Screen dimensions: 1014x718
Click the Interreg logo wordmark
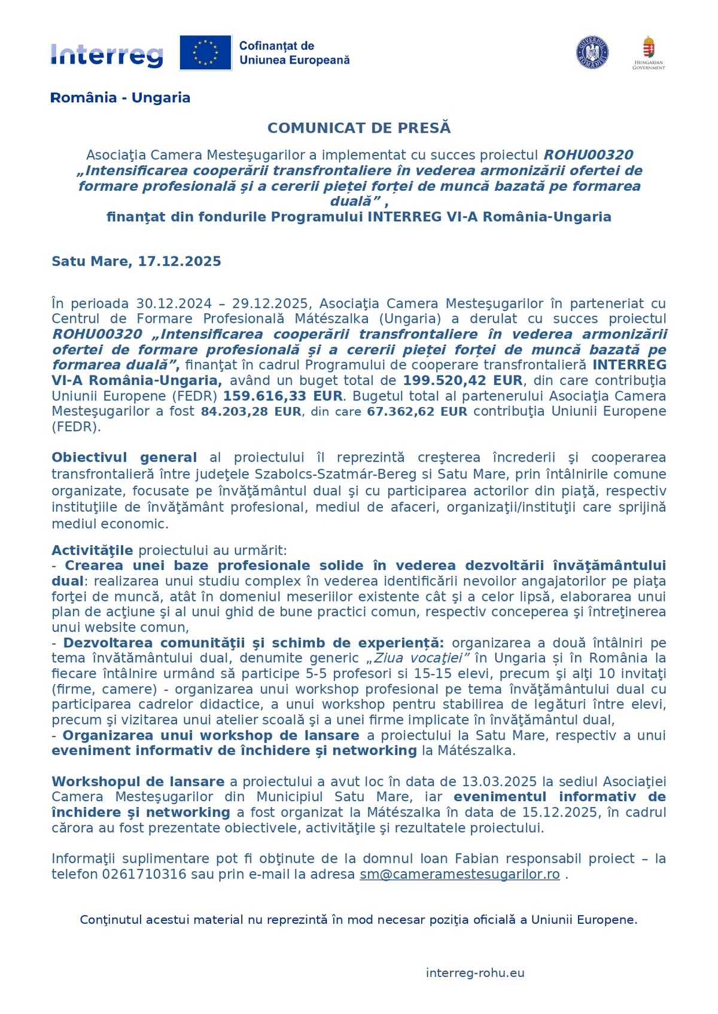(x=107, y=55)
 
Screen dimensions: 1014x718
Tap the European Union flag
(x=205, y=53)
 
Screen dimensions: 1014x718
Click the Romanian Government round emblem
(x=592, y=53)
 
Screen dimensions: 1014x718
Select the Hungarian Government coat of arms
(x=649, y=48)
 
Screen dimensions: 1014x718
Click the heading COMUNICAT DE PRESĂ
(x=359, y=128)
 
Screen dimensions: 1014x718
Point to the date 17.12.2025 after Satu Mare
(x=180, y=261)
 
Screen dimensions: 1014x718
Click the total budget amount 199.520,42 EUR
(x=463, y=381)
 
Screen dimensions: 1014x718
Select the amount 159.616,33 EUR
(x=282, y=396)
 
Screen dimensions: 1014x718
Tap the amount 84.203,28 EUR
(x=251, y=411)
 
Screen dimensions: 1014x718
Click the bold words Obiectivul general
(x=124, y=457)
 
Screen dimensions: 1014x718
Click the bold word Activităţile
(x=92, y=550)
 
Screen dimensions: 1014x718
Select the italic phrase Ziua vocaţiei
(x=419, y=658)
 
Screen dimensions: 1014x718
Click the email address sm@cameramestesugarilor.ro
(x=460, y=874)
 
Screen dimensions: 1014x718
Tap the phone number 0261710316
(x=144, y=874)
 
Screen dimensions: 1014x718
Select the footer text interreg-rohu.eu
(x=475, y=973)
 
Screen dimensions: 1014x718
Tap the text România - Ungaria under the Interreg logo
(x=120, y=97)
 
